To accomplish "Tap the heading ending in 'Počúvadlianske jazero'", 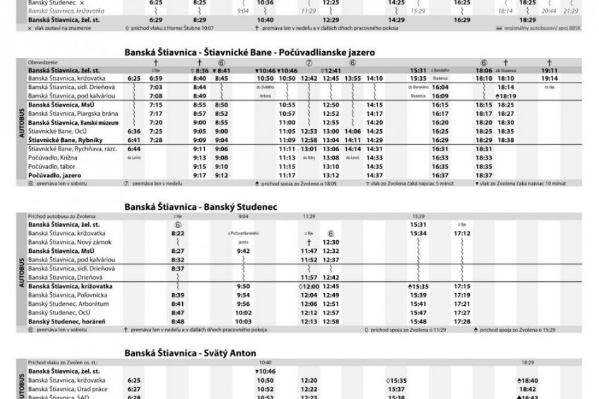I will point(249,53).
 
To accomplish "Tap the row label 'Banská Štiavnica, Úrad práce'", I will point(66,389).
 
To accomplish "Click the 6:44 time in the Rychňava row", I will point(133,147).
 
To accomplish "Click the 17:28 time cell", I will point(462,320).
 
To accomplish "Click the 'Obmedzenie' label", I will point(42,63).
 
